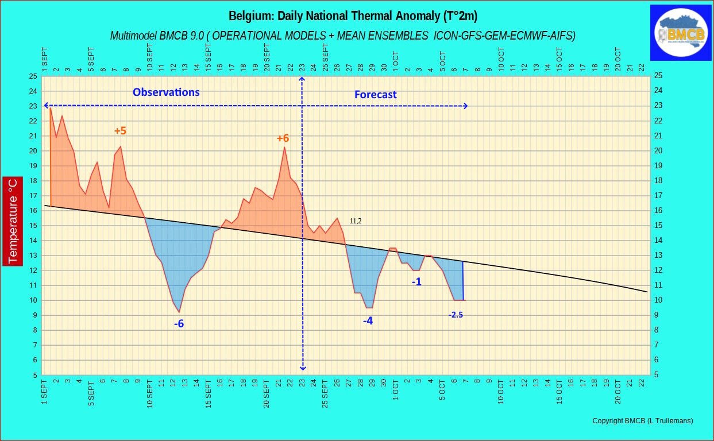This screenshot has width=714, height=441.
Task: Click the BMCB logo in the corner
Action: [681, 33]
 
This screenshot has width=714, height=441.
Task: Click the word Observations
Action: [166, 92]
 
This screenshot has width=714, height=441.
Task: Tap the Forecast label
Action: [376, 94]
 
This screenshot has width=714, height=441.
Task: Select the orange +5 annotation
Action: [120, 131]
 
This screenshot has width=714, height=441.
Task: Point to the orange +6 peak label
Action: [283, 138]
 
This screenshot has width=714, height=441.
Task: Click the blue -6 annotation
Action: [179, 324]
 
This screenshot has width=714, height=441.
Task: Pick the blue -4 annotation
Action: [368, 321]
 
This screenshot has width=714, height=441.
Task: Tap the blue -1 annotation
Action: [416, 282]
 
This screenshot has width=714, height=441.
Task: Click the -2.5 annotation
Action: [456, 315]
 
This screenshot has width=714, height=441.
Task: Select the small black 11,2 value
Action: [356, 221]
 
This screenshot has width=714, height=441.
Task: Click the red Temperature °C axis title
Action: [13, 221]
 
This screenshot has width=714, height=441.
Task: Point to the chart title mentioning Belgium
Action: [353, 16]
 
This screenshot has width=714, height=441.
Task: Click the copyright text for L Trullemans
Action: [643, 420]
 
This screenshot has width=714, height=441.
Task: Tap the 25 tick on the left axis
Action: [33, 76]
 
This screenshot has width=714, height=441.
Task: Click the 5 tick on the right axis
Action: [657, 375]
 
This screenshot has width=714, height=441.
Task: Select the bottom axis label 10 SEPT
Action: [150, 393]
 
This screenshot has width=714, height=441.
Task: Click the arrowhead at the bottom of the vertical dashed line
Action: [303, 368]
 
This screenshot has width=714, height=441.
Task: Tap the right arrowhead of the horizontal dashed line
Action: [465, 106]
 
